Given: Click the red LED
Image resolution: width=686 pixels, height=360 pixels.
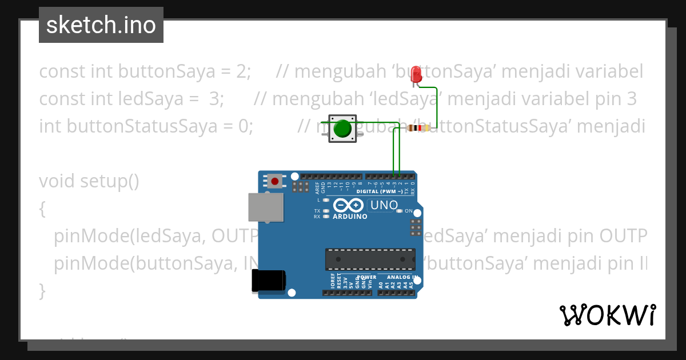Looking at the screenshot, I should (417, 74).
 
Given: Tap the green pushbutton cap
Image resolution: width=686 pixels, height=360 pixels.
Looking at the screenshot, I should (342, 129).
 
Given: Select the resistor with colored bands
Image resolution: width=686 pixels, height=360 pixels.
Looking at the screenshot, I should (420, 128).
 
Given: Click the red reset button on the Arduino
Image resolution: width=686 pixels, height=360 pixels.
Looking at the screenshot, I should (275, 181).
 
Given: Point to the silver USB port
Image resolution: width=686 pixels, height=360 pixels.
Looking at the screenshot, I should (266, 207).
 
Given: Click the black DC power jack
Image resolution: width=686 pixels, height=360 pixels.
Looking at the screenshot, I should (269, 281).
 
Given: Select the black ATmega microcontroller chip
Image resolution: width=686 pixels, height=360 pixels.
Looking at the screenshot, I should (370, 259).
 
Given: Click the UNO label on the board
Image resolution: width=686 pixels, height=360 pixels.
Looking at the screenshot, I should (384, 205).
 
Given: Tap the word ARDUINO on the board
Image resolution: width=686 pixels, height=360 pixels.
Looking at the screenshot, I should (350, 217).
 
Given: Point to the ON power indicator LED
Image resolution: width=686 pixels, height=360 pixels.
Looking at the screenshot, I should (400, 211).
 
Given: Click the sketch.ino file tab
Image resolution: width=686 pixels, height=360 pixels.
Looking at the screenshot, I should (101, 25).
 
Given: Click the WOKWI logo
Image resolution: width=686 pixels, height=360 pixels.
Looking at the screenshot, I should (607, 315).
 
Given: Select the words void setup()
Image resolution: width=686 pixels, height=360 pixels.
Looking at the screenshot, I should (89, 181).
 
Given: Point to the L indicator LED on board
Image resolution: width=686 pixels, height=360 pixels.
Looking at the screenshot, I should (326, 200).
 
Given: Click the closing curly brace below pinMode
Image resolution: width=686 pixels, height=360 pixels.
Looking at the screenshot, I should (42, 290).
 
